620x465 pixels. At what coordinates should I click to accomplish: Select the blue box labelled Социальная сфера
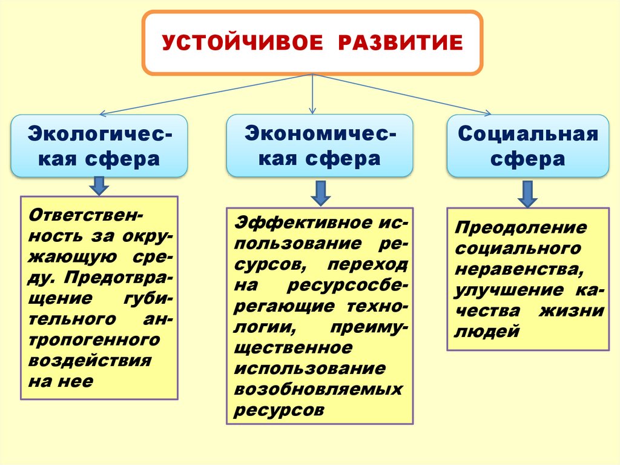(527, 146)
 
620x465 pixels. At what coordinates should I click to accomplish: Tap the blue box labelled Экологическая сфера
(99, 146)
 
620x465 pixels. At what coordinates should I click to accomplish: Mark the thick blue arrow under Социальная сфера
(527, 194)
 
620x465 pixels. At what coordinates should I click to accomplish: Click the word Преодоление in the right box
(521, 228)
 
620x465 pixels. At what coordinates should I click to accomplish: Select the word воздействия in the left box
(90, 360)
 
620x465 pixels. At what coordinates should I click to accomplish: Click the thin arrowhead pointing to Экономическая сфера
(312, 110)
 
